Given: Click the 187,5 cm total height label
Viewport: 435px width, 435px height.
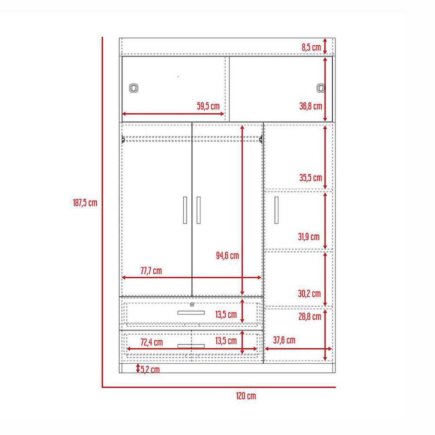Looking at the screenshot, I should coord(85,203).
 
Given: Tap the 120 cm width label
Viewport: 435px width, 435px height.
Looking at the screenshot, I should coord(246,395).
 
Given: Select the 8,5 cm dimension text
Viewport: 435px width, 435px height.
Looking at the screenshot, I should coord(311,47).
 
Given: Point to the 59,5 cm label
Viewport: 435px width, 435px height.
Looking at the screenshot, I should coord(208,106).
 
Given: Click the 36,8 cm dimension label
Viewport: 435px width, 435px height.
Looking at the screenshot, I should coord(311,106).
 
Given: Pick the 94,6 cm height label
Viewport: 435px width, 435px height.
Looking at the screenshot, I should coord(227,256).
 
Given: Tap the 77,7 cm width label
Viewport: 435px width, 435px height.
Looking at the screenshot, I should coord(151,271).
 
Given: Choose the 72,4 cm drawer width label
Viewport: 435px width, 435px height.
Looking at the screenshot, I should coord(152,342).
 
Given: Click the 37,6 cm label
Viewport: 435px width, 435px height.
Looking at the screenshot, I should coord(284,340).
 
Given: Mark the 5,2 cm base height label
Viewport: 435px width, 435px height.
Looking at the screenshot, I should coord(150,370).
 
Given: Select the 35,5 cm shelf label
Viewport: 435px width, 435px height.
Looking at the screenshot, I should coord(311,178).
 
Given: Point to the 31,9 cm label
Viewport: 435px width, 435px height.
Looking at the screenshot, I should coord(309,237).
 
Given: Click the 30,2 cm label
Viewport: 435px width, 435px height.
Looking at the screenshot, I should coord(309,294).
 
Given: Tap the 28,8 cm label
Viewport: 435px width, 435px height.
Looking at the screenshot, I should coord(310,316).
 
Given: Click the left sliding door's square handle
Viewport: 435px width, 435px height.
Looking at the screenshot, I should coord(133,88).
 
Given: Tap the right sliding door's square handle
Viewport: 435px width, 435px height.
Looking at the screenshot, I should coord(320,88).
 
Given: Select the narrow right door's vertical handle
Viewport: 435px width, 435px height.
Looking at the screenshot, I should coord(277,210).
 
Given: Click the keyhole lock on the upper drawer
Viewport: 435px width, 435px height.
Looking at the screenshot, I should coord(191,304).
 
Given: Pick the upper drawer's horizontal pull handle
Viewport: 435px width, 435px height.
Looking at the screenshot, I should coord(191,312).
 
